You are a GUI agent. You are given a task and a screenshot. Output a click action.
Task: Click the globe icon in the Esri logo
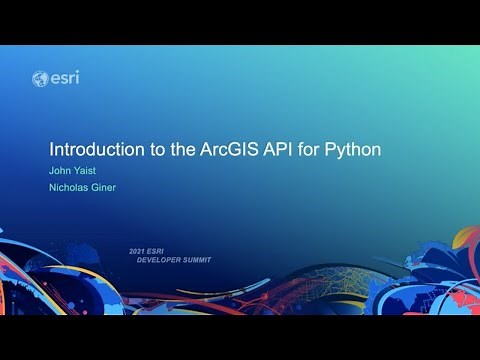point(40,78)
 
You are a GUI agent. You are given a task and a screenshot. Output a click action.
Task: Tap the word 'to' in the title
point(157,150)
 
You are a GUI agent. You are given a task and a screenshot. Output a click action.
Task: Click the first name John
point(61,172)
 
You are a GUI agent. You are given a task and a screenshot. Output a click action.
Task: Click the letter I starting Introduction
point(52,150)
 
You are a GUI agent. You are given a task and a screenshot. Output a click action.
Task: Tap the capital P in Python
point(335,150)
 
